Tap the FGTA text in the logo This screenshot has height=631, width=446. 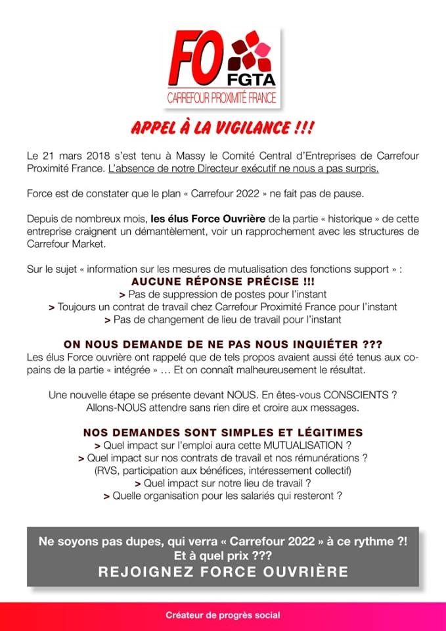252,83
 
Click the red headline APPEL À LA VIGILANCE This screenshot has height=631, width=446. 222,127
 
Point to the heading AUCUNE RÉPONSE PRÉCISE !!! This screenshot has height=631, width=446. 223,281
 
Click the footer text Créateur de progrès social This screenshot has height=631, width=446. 223,615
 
